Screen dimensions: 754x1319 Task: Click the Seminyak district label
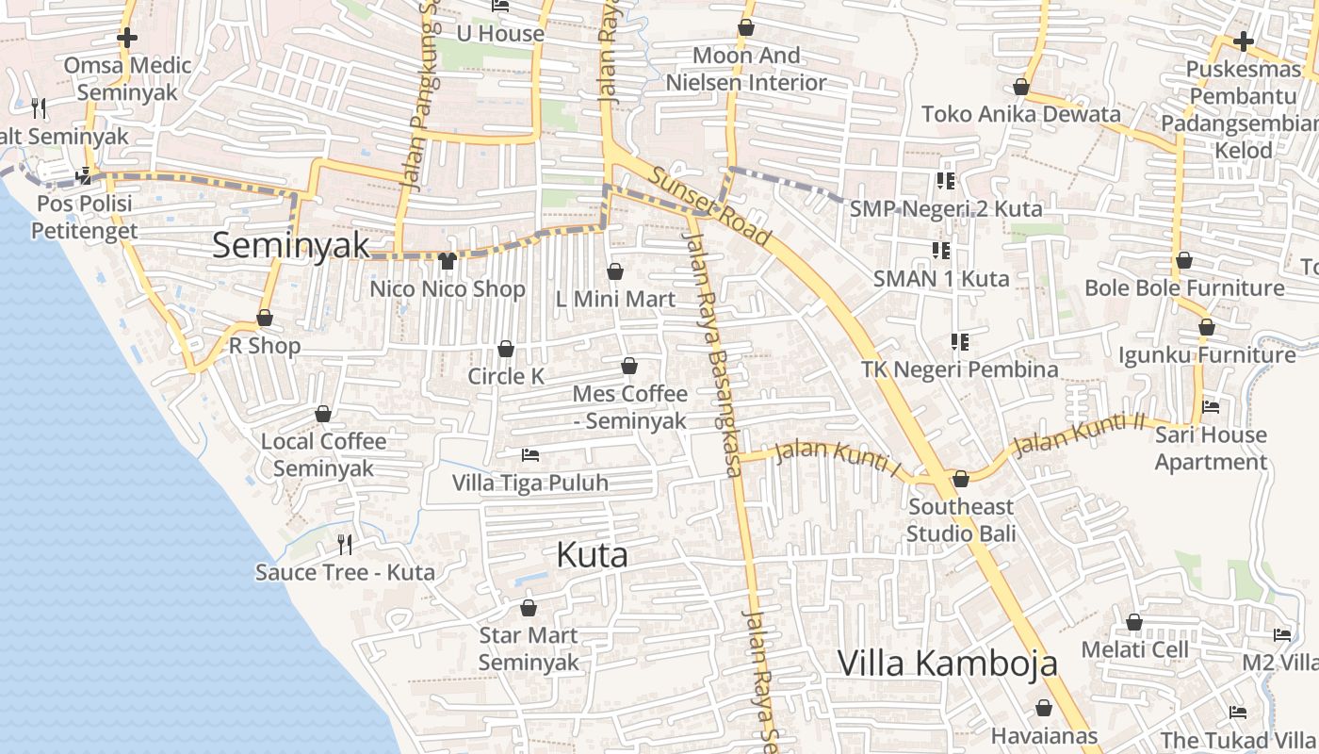click(x=291, y=245)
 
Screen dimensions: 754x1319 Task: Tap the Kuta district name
click(x=592, y=554)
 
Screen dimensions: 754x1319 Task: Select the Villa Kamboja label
click(x=947, y=663)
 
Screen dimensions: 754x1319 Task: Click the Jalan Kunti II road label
click(x=1078, y=434)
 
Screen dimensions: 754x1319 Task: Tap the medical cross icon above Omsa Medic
click(x=127, y=38)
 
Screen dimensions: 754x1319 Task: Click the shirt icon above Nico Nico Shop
click(x=448, y=260)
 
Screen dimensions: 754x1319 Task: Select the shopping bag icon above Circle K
click(x=506, y=349)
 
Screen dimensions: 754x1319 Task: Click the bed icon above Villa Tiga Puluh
click(x=530, y=455)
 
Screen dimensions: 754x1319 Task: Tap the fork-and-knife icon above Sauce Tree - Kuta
click(x=345, y=544)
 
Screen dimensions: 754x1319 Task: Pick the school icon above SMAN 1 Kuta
click(x=940, y=251)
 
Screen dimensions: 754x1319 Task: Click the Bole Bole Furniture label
click(x=1184, y=287)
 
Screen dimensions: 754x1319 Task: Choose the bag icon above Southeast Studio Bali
click(x=961, y=479)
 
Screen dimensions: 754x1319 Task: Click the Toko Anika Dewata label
click(x=1021, y=114)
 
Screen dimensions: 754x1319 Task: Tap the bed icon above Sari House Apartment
click(x=1211, y=407)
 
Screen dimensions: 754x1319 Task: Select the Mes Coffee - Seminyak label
click(x=629, y=406)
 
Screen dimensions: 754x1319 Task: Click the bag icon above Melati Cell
click(x=1134, y=622)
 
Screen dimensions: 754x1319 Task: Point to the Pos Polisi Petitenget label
click(x=85, y=217)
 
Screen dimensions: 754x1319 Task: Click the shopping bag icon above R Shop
click(x=265, y=319)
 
